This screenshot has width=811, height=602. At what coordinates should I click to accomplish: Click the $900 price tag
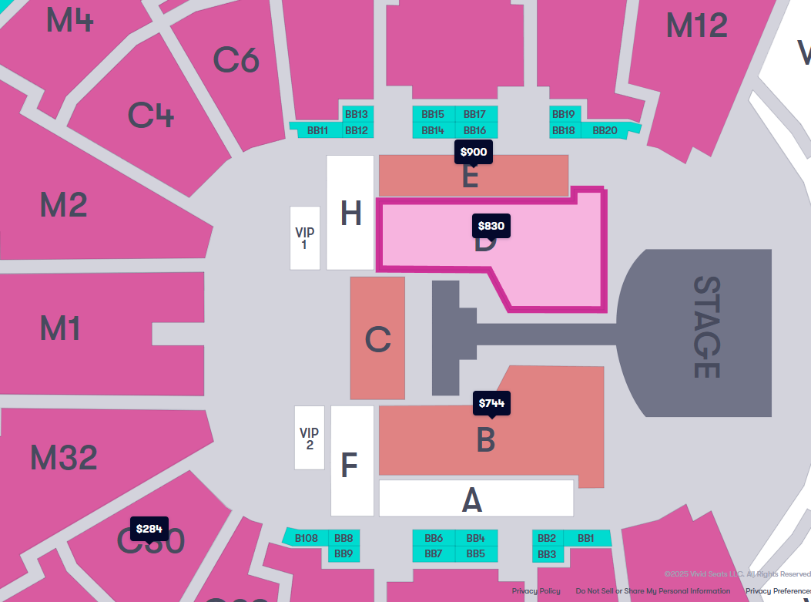(473, 152)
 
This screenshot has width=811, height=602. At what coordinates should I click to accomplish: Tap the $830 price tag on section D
(491, 226)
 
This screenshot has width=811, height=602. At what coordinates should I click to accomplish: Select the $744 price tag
(492, 403)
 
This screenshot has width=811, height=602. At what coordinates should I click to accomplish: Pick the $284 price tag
(149, 529)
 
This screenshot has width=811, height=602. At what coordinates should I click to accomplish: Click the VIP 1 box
(304, 238)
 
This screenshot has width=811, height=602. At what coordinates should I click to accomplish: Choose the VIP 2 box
(309, 438)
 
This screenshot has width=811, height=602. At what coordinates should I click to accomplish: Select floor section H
(350, 214)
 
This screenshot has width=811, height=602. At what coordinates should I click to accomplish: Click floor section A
(473, 499)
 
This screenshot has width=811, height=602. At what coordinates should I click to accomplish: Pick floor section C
(377, 339)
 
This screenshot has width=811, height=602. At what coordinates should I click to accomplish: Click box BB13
(357, 114)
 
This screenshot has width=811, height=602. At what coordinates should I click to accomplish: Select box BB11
(317, 130)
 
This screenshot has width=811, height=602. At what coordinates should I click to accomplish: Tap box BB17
(475, 114)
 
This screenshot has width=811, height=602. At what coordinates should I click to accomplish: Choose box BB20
(605, 130)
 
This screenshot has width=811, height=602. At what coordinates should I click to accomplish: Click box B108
(307, 538)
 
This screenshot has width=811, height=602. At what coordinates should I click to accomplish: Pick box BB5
(475, 553)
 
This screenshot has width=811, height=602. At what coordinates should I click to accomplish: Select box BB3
(547, 554)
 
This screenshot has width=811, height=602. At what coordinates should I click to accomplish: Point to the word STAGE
(705, 327)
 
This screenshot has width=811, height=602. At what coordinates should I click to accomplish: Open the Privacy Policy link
(536, 591)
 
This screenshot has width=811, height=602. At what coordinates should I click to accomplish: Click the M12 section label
(696, 25)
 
